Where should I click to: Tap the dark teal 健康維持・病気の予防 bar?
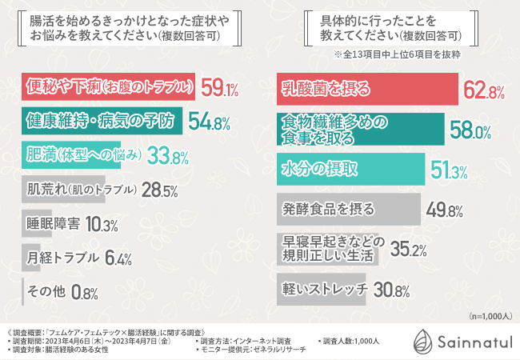pyautogui.click(x=100, y=121)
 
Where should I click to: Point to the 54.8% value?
pyautogui.click(x=209, y=122)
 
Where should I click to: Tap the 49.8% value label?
pyautogui.click(x=446, y=210)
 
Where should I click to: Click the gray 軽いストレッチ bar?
pyautogui.click(x=323, y=288)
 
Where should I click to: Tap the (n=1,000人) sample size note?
pyautogui.click(x=490, y=316)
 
